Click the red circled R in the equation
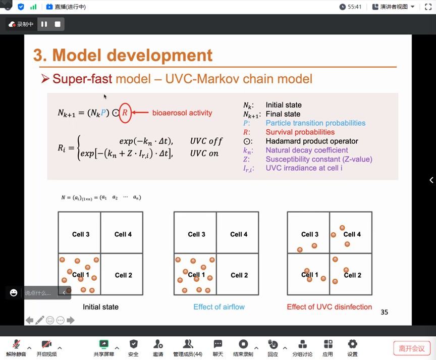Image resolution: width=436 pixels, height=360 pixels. tap(125, 113)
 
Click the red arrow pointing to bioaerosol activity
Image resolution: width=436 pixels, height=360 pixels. tap(141, 113)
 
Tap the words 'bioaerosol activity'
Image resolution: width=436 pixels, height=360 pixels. tap(182, 113)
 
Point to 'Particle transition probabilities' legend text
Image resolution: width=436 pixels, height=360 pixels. tap(315, 123)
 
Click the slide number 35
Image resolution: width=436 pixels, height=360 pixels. tap(384, 312)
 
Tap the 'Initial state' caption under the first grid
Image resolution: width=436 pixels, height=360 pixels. tap(100, 306)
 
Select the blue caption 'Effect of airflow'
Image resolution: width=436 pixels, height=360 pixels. tap(219, 307)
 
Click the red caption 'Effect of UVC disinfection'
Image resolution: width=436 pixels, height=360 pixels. tap(329, 307)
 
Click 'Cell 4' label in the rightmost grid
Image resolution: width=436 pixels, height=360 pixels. tap(352, 234)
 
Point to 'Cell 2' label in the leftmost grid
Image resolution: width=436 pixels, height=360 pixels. tap(123, 275)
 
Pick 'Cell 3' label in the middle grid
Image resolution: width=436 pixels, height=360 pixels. tap(196, 234)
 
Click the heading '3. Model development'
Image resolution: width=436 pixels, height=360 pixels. tap(123, 55)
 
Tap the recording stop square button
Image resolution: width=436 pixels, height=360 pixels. tap(58, 24)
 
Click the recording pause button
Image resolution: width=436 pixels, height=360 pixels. tap(44, 24)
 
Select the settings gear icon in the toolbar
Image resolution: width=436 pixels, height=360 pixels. tap(352, 345)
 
